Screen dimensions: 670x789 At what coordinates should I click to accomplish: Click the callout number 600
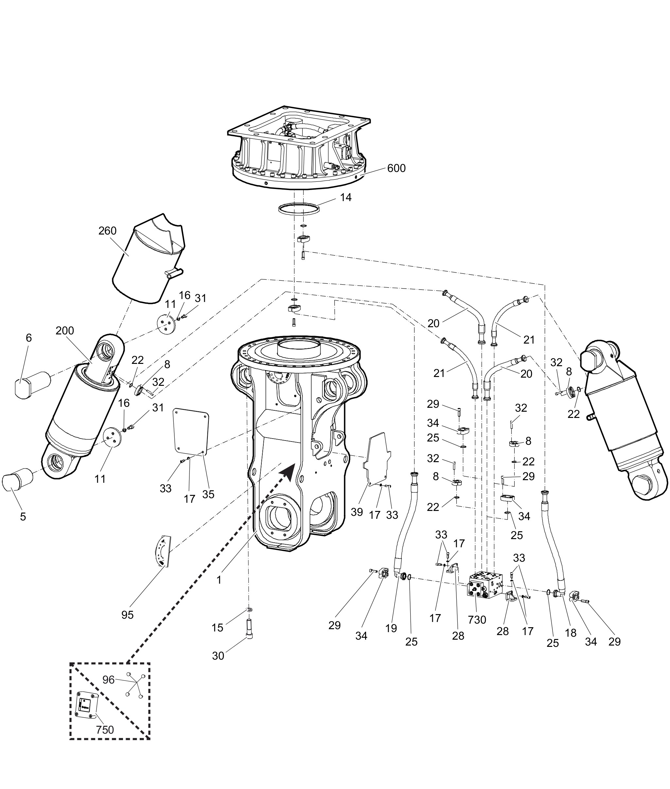coord(396,168)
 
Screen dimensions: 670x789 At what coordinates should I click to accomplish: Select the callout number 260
coord(108,231)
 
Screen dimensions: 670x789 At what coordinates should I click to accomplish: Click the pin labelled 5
coord(17,480)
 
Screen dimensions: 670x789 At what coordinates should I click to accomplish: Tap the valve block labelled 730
coord(485,590)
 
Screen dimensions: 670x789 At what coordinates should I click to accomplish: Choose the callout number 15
coord(217,628)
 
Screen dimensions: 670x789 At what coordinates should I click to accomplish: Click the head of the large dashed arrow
coord(287,473)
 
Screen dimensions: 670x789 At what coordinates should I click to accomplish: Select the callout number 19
coord(391,629)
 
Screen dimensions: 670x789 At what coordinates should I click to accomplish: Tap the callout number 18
coord(571,633)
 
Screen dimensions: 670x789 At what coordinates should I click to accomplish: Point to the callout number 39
coord(357,512)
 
